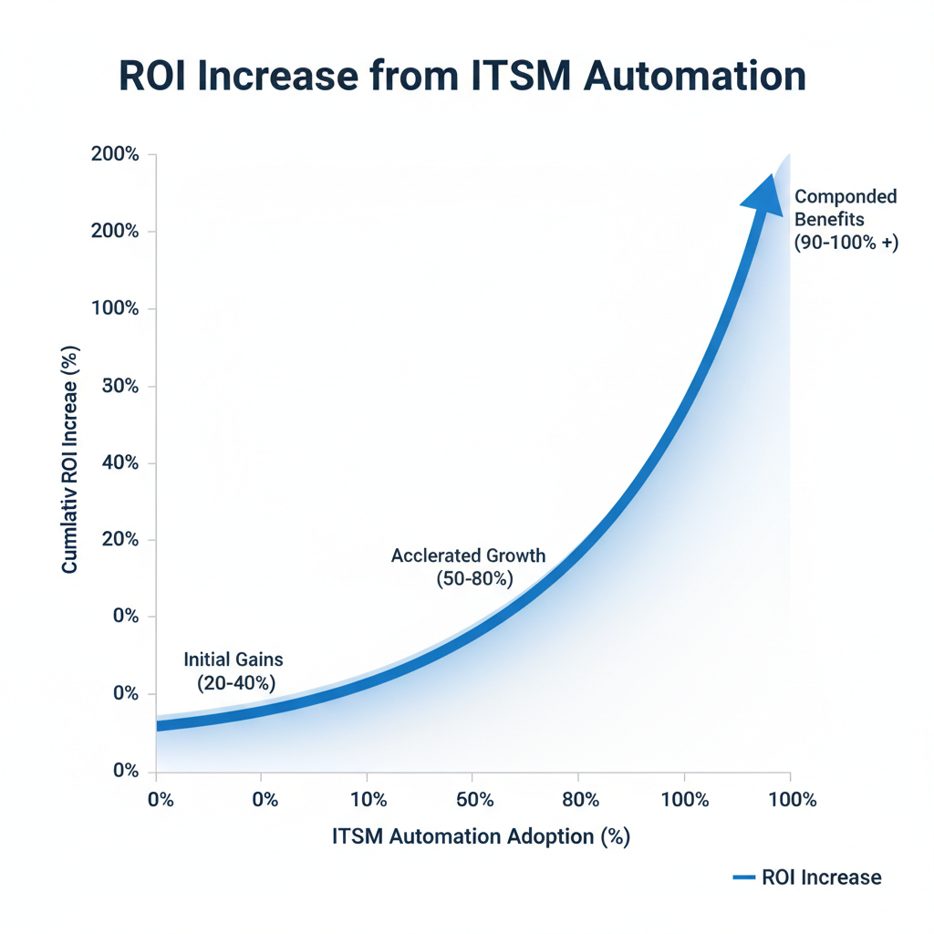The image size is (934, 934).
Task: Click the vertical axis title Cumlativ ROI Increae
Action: (x=70, y=462)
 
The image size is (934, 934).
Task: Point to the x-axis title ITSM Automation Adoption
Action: (x=482, y=836)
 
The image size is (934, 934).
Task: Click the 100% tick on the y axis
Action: (x=116, y=309)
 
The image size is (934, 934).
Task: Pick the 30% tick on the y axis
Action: (x=119, y=386)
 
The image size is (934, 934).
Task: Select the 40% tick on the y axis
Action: (x=119, y=463)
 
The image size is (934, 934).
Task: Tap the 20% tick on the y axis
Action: (x=119, y=540)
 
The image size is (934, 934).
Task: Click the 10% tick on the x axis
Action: (x=367, y=800)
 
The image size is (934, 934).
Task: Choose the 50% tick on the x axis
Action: (x=474, y=800)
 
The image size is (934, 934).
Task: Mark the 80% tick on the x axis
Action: (x=580, y=800)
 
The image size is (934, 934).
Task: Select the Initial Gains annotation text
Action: (x=233, y=659)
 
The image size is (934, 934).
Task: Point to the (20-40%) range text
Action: (x=236, y=682)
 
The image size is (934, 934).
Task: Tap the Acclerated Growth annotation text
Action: (x=468, y=555)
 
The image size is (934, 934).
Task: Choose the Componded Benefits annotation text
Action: (x=846, y=208)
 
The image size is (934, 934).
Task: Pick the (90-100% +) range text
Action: (x=846, y=244)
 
